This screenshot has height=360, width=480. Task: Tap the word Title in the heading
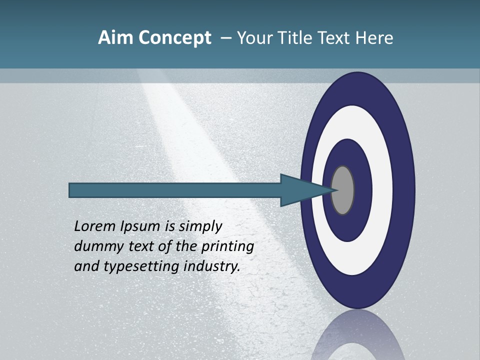[289, 37]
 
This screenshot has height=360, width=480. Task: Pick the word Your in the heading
[254, 37]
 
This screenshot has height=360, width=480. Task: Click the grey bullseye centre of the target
[343, 190]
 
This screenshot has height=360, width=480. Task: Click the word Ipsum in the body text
[141, 227]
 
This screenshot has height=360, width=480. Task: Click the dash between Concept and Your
[225, 38]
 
